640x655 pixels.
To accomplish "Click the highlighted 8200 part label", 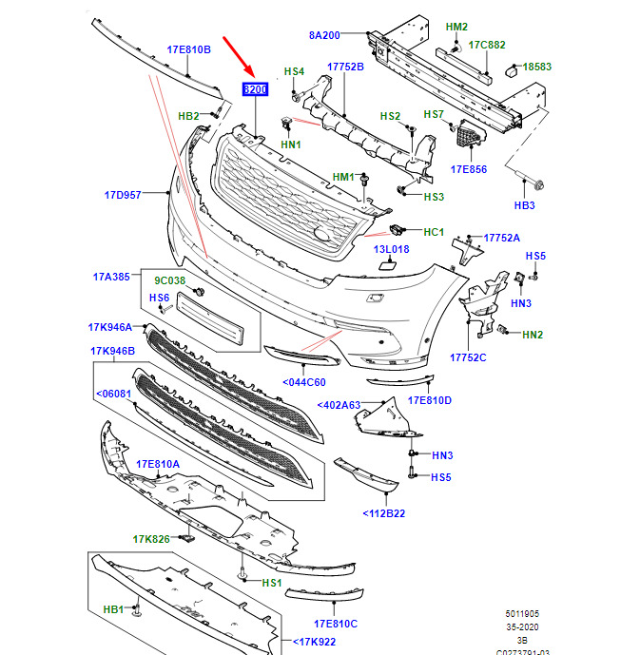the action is click(255, 89).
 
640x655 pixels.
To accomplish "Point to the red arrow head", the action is click(249, 70).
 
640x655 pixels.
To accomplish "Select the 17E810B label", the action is click(189, 49).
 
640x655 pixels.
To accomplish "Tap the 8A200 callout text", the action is click(324, 35).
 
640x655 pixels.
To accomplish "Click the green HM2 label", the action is click(456, 27).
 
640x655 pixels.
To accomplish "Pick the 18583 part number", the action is click(536, 67).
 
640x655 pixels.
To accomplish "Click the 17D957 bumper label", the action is click(123, 195).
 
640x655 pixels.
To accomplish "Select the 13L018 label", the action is click(391, 249).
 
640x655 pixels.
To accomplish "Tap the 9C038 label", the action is click(169, 280).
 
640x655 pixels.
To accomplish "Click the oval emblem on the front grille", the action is click(322, 235).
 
